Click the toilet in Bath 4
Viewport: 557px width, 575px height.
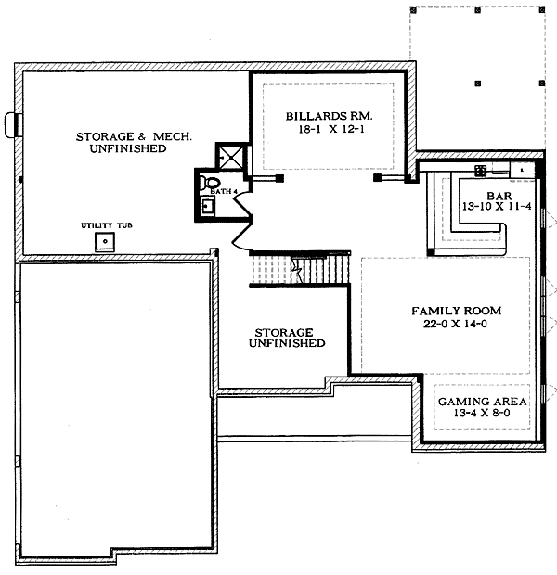click(211, 183)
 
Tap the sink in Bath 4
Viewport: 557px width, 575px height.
click(207, 206)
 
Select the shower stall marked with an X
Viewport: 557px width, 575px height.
click(229, 157)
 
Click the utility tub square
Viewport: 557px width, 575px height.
click(105, 242)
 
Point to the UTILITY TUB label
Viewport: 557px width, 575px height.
click(107, 225)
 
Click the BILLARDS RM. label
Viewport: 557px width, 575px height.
click(329, 116)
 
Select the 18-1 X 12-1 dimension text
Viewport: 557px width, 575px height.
click(331, 130)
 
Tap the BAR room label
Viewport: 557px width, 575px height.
click(499, 196)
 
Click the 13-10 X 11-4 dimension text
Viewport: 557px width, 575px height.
click(497, 207)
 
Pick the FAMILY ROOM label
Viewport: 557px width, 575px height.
click(457, 311)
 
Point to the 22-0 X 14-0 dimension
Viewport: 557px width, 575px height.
click(455, 324)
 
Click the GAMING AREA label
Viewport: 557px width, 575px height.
click(483, 402)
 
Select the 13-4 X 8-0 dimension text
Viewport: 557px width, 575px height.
click(482, 413)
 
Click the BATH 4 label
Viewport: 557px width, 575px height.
click(221, 191)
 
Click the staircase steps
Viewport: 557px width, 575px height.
click(300, 270)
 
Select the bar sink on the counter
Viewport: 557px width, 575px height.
click(481, 171)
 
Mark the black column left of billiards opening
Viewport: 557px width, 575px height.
click(279, 178)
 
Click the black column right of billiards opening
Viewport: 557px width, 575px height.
click(377, 177)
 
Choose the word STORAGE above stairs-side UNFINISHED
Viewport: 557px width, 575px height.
click(284, 333)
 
